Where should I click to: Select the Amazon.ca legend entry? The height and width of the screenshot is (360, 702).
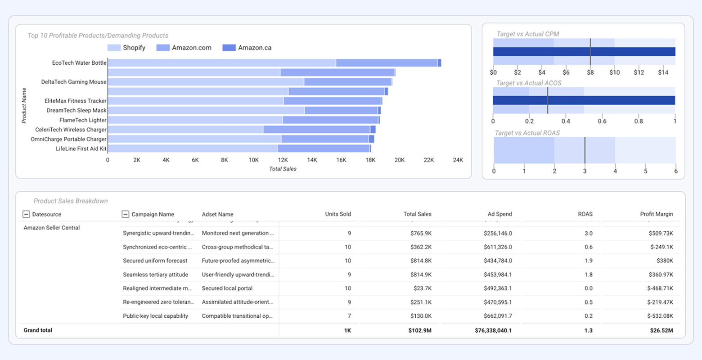point(247,48)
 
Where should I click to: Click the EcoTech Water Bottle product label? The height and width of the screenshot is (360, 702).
point(79,63)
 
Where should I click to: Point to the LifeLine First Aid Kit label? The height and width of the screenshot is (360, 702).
point(81,148)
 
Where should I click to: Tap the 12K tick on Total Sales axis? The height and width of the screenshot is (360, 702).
point(283,160)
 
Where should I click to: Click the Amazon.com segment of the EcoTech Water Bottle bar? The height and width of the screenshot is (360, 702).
point(387,63)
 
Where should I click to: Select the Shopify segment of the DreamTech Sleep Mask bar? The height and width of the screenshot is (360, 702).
point(206,110)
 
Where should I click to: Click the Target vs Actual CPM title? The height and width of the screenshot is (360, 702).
point(527,34)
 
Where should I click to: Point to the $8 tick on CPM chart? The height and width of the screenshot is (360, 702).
point(590,72)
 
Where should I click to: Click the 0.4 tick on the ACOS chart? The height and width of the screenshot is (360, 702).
point(566,121)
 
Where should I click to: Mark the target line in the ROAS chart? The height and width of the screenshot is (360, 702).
point(585,150)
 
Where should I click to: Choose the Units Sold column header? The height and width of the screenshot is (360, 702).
point(337,214)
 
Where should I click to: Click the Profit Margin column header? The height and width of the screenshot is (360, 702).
point(656,214)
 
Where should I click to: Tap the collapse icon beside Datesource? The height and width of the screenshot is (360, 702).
point(26,215)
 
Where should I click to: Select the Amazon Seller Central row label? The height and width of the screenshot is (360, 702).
point(52,228)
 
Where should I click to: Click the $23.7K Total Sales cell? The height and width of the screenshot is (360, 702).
point(422,288)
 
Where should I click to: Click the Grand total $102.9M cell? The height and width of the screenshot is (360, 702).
point(419,330)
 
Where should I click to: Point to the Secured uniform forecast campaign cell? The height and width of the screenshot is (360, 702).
point(155,261)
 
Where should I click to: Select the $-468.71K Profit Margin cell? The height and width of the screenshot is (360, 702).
point(660,288)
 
